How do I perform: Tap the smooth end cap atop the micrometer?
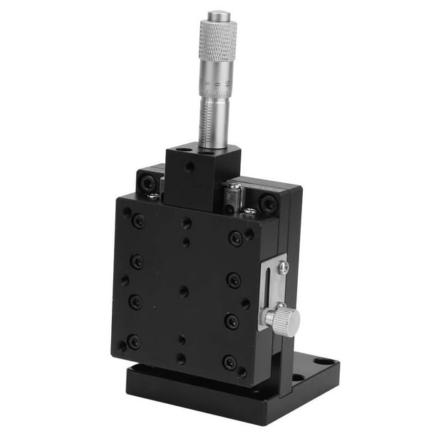coord(218,15)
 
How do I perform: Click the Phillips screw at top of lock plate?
coord(283,267)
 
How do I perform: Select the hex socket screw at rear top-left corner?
coord(148,183)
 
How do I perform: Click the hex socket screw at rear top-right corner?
coord(268,203)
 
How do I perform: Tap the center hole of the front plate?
coord(184,291)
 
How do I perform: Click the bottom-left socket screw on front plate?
coord(133,343)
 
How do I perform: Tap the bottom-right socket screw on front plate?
coord(229,363)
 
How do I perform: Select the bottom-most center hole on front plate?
coord(180,358)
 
